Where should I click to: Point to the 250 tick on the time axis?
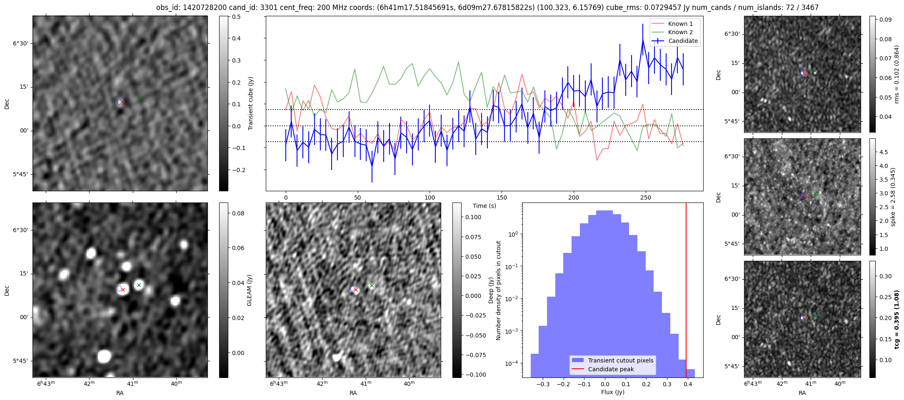point(645,197)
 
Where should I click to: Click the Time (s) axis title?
point(484,206)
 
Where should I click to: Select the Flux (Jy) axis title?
point(612,392)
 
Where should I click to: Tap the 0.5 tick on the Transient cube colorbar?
point(236,17)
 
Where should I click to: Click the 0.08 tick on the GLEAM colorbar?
point(238,213)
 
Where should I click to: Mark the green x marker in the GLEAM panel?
point(139,285)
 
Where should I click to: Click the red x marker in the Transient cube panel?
point(123,103)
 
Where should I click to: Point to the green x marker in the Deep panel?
point(372,286)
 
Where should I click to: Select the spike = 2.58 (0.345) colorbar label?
point(893,197)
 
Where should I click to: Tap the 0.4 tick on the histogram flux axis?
point(687,385)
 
